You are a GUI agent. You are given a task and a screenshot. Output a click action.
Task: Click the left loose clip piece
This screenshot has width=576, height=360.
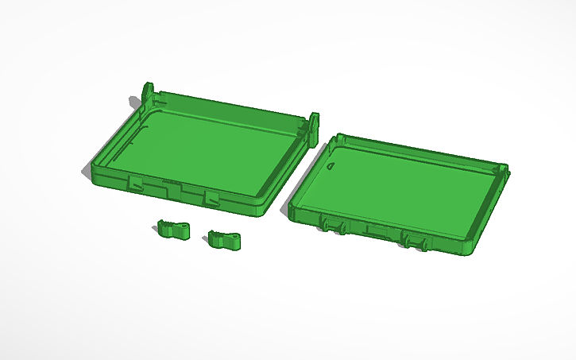tap(172, 230)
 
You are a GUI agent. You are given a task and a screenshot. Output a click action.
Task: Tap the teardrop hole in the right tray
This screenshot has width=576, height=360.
tap(331, 167)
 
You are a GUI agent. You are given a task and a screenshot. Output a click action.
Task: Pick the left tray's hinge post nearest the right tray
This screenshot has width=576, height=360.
tap(314, 126)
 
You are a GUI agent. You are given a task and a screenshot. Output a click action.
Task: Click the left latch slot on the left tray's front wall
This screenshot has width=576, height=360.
tap(135, 182)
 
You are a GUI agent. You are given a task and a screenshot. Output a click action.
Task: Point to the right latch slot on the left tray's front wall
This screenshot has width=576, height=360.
tap(211, 196)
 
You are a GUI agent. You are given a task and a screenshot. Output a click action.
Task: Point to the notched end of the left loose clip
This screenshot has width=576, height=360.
tap(161, 227)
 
